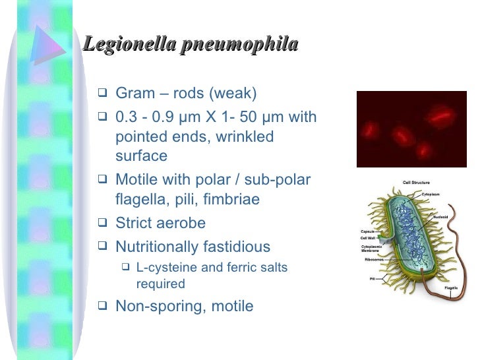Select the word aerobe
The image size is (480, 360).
click(x=181, y=224)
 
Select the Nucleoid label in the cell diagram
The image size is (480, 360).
click(x=440, y=216)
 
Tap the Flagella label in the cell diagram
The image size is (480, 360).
click(x=451, y=287)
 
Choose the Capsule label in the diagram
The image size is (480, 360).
click(x=367, y=231)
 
